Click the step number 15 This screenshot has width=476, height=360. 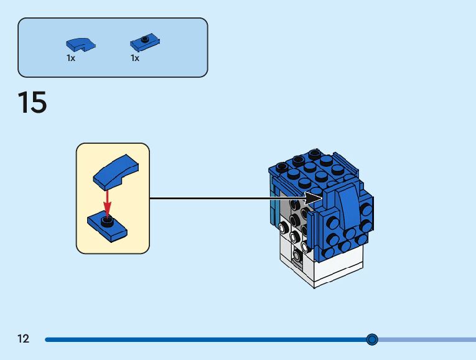click(32, 102)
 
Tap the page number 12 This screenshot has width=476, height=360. click(24, 339)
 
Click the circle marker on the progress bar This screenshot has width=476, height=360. click(372, 339)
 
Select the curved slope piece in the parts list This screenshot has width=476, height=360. click(80, 44)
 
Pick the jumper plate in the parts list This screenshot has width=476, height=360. click(145, 42)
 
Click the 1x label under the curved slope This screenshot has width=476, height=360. click(71, 58)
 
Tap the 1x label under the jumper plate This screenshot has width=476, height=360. click(134, 58)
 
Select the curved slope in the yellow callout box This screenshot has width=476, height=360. click(115, 170)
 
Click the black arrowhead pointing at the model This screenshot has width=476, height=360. click(317, 199)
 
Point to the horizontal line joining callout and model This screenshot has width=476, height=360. click(230, 199)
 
